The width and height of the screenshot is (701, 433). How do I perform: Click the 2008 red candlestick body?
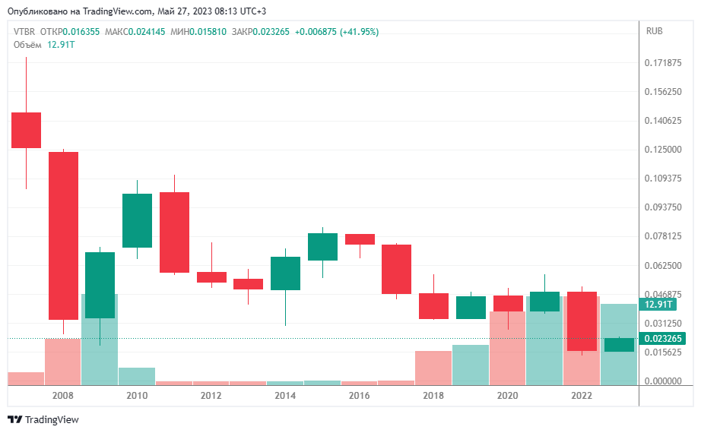tap(63, 235)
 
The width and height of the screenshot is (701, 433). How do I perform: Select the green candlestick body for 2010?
tap(138, 220)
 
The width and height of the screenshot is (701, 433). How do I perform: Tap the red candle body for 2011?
tap(174, 232)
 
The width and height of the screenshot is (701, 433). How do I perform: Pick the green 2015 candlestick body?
tap(322, 247)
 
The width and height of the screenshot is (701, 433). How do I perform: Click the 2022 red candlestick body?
tap(582, 321)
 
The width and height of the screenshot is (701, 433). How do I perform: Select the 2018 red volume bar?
tap(433, 367)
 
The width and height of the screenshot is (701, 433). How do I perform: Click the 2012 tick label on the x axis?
tap(211, 396)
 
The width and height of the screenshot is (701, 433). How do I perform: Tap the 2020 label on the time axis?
tap(507, 396)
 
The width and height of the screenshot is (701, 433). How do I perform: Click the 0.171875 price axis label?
tap(663, 63)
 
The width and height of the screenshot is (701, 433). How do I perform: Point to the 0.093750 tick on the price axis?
tap(663, 207)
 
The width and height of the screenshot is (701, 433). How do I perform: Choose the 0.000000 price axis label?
tap(663, 381)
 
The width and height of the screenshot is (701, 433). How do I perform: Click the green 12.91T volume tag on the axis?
tap(657, 305)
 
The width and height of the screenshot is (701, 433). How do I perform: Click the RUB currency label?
tap(654, 31)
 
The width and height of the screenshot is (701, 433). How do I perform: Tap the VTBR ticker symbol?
tap(24, 31)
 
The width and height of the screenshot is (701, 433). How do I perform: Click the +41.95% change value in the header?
tap(359, 31)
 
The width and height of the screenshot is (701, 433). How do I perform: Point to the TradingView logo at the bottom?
tap(43, 419)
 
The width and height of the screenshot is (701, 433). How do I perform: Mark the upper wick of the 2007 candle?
tap(26, 84)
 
